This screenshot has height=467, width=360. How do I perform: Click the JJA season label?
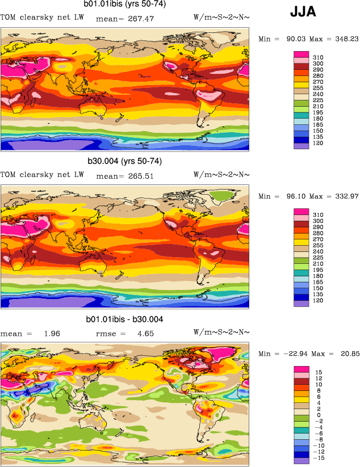(303, 12)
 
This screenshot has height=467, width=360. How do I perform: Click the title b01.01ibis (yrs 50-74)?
(124, 5)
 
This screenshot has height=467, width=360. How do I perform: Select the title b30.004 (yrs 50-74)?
(124, 161)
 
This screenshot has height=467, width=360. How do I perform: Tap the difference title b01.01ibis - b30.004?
(124, 319)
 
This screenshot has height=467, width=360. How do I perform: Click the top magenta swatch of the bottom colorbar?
(301, 369)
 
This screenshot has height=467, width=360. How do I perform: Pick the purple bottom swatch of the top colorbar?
(301, 146)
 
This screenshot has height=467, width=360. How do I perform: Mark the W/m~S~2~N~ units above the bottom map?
(221, 333)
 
